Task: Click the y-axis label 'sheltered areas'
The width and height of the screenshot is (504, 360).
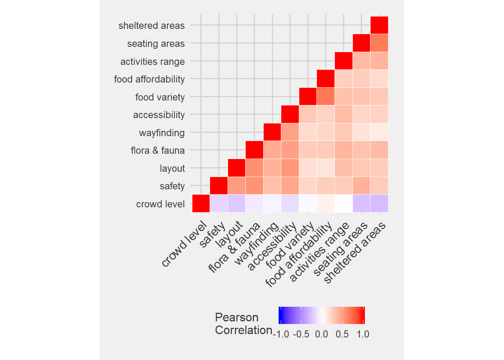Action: [x=151, y=25]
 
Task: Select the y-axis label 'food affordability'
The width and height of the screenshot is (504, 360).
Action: [x=149, y=79]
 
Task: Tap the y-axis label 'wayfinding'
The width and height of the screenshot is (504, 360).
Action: [x=162, y=133]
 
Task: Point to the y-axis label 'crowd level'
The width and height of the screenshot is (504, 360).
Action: [x=160, y=204]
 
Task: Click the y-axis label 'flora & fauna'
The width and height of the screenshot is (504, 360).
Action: [x=157, y=150]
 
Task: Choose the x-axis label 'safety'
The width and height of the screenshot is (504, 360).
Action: [x=213, y=235]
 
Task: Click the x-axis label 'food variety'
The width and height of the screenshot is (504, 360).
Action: [x=290, y=245]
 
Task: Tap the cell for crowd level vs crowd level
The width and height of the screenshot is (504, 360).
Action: [x=201, y=204]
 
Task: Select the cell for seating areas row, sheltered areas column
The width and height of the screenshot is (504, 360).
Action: [x=379, y=43]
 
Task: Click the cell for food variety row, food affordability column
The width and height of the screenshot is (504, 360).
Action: [x=325, y=97]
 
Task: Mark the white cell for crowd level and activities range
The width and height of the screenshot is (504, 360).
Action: [x=343, y=204]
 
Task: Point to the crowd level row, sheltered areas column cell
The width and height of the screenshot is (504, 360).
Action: [x=379, y=204]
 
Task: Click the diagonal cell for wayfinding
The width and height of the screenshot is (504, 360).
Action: [x=272, y=132]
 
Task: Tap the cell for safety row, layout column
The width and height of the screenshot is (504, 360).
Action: [x=237, y=186]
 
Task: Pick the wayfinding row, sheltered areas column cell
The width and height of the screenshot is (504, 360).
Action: [x=379, y=132]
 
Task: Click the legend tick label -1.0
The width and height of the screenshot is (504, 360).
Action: [x=281, y=334]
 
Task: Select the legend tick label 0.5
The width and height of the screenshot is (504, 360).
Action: [x=342, y=334]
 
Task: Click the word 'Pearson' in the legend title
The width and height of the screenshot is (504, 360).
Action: [x=237, y=317]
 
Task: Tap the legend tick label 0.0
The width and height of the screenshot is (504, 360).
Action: [x=321, y=334]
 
